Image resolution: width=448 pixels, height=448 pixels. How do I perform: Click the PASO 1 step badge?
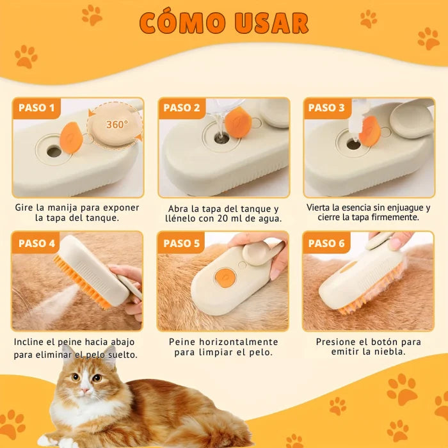36,108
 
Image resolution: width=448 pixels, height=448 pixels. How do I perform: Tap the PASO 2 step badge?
181,108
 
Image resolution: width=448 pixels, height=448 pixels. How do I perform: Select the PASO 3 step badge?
326,108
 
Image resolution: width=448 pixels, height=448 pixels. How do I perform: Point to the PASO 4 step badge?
36,243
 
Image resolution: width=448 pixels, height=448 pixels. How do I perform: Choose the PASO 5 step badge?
181,243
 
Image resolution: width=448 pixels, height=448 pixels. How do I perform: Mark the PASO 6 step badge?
326,243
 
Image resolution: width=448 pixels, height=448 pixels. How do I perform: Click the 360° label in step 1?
116,124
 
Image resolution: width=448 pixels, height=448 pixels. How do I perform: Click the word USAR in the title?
271,23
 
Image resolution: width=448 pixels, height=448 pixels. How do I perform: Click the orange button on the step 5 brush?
225,276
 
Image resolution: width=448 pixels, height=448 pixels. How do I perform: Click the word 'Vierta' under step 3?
320,207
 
